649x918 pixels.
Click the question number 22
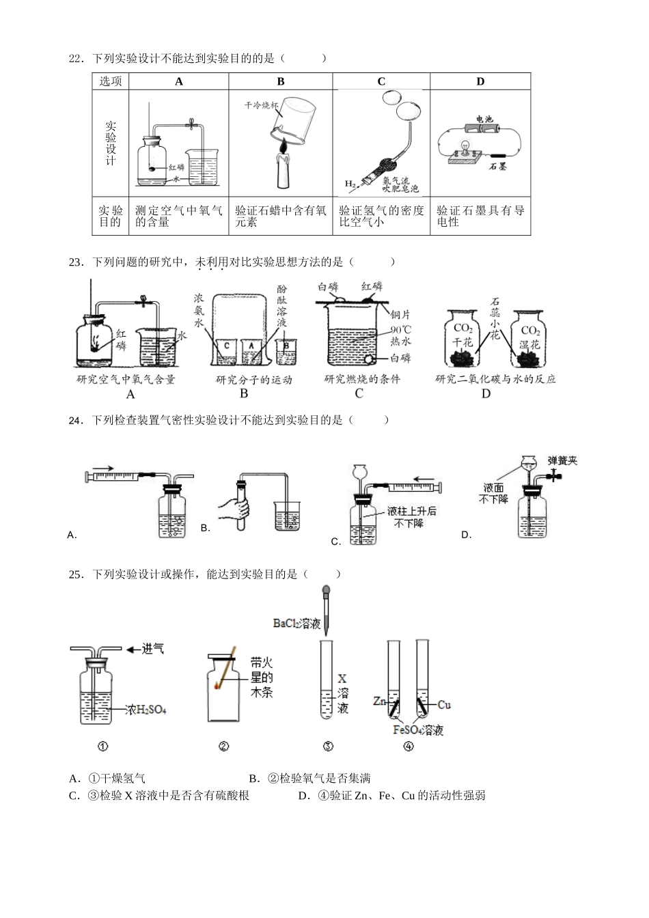point(75,59)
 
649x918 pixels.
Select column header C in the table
point(381,81)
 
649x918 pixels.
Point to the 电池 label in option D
point(484,119)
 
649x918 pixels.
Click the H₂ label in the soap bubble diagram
point(350,184)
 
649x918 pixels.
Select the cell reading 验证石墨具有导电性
point(480,216)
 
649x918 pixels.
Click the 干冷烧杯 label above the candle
point(262,106)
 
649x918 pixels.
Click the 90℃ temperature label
point(400,328)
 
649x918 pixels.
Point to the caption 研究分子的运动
point(253,380)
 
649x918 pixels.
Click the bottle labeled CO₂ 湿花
point(529,339)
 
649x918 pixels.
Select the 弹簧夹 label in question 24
point(562,460)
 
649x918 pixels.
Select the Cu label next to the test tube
point(443,704)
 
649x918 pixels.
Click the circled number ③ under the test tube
point(327,746)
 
